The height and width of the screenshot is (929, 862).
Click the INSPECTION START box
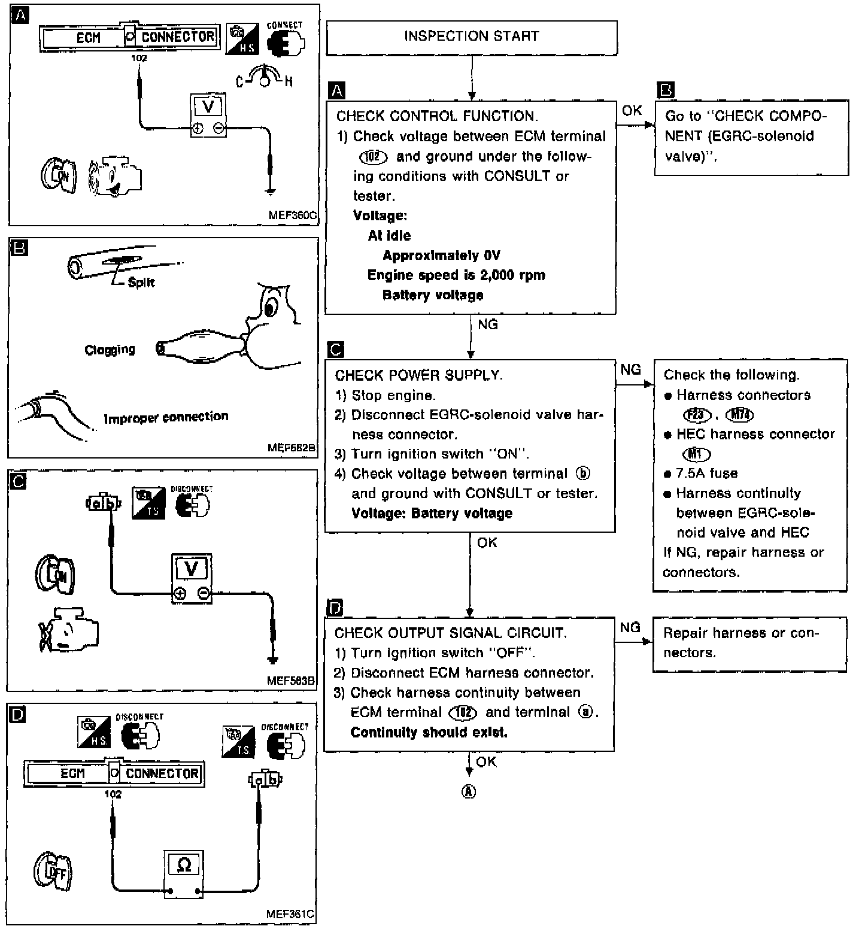[x=471, y=37]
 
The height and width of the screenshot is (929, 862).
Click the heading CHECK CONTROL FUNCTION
[x=436, y=116]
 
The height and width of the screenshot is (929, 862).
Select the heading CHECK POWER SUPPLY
[x=418, y=375]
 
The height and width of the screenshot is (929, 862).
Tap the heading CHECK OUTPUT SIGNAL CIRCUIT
[x=450, y=633]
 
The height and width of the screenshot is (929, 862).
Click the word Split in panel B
[x=141, y=282]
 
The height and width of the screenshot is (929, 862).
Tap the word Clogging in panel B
[x=110, y=350]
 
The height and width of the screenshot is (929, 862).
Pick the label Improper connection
[x=166, y=417]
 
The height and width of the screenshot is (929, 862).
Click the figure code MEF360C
[x=293, y=214]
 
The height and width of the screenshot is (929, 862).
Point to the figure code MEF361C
[x=290, y=914]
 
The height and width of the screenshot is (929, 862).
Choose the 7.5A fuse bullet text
[x=706, y=473]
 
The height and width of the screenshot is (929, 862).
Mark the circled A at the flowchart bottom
[x=469, y=791]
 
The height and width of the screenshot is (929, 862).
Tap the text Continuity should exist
[x=429, y=732]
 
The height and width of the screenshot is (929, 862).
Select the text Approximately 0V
[x=441, y=256]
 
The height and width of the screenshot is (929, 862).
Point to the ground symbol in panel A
[x=271, y=192]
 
